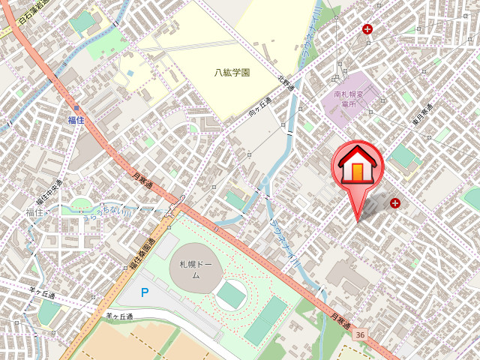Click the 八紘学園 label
(x=231, y=73)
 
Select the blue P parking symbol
(x=145, y=292)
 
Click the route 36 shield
(x=360, y=334)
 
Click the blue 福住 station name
(x=76, y=120)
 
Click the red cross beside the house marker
(x=394, y=202)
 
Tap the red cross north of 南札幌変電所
(x=367, y=29)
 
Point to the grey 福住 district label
(x=34, y=213)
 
